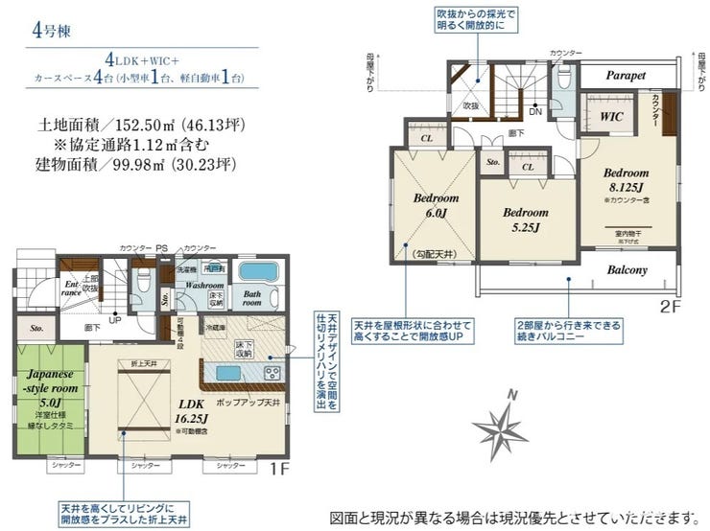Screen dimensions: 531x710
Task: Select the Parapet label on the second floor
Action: click(625, 75)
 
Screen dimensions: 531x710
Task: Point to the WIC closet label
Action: click(612, 116)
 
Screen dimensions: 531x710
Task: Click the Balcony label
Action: click(627, 269)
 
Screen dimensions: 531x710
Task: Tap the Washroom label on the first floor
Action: click(204, 286)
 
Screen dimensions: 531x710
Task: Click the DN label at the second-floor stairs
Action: click(534, 112)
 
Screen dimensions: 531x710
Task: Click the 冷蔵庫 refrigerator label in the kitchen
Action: click(214, 327)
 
